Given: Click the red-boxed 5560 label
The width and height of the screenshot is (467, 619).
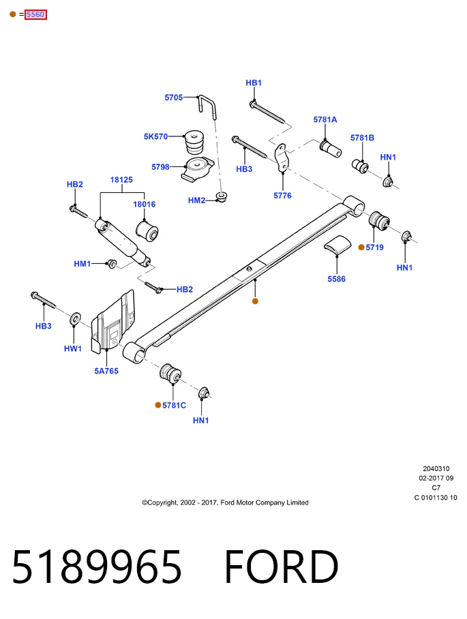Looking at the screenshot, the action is (x=35, y=14).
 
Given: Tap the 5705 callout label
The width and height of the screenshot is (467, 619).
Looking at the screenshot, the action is (x=174, y=97).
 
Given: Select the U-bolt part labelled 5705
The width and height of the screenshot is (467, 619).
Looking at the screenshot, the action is (x=208, y=106).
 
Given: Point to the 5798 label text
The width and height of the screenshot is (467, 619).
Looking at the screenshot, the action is (x=160, y=167).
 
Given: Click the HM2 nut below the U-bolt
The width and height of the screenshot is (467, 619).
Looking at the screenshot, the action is (x=222, y=197).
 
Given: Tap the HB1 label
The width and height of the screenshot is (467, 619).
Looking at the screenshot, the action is (x=254, y=83).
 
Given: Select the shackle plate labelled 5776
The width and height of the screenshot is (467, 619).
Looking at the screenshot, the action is (x=282, y=158).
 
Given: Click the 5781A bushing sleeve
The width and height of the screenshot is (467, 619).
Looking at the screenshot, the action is (x=331, y=148).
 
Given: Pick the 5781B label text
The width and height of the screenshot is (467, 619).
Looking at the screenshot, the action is (x=362, y=138).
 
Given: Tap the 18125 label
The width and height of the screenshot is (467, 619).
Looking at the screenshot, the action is (x=121, y=180).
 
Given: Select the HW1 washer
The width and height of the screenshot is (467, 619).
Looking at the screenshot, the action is (x=75, y=319).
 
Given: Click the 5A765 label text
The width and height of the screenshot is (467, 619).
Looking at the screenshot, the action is (x=106, y=371).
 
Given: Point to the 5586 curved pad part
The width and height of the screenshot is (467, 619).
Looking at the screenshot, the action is (x=337, y=244).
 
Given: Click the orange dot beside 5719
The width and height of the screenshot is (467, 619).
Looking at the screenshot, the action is (x=361, y=247).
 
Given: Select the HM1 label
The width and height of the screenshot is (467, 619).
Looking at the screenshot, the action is (x=82, y=264).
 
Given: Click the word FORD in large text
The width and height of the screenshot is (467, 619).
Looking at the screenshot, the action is (x=282, y=567).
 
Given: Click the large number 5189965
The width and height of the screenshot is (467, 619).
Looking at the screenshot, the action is (x=97, y=567).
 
